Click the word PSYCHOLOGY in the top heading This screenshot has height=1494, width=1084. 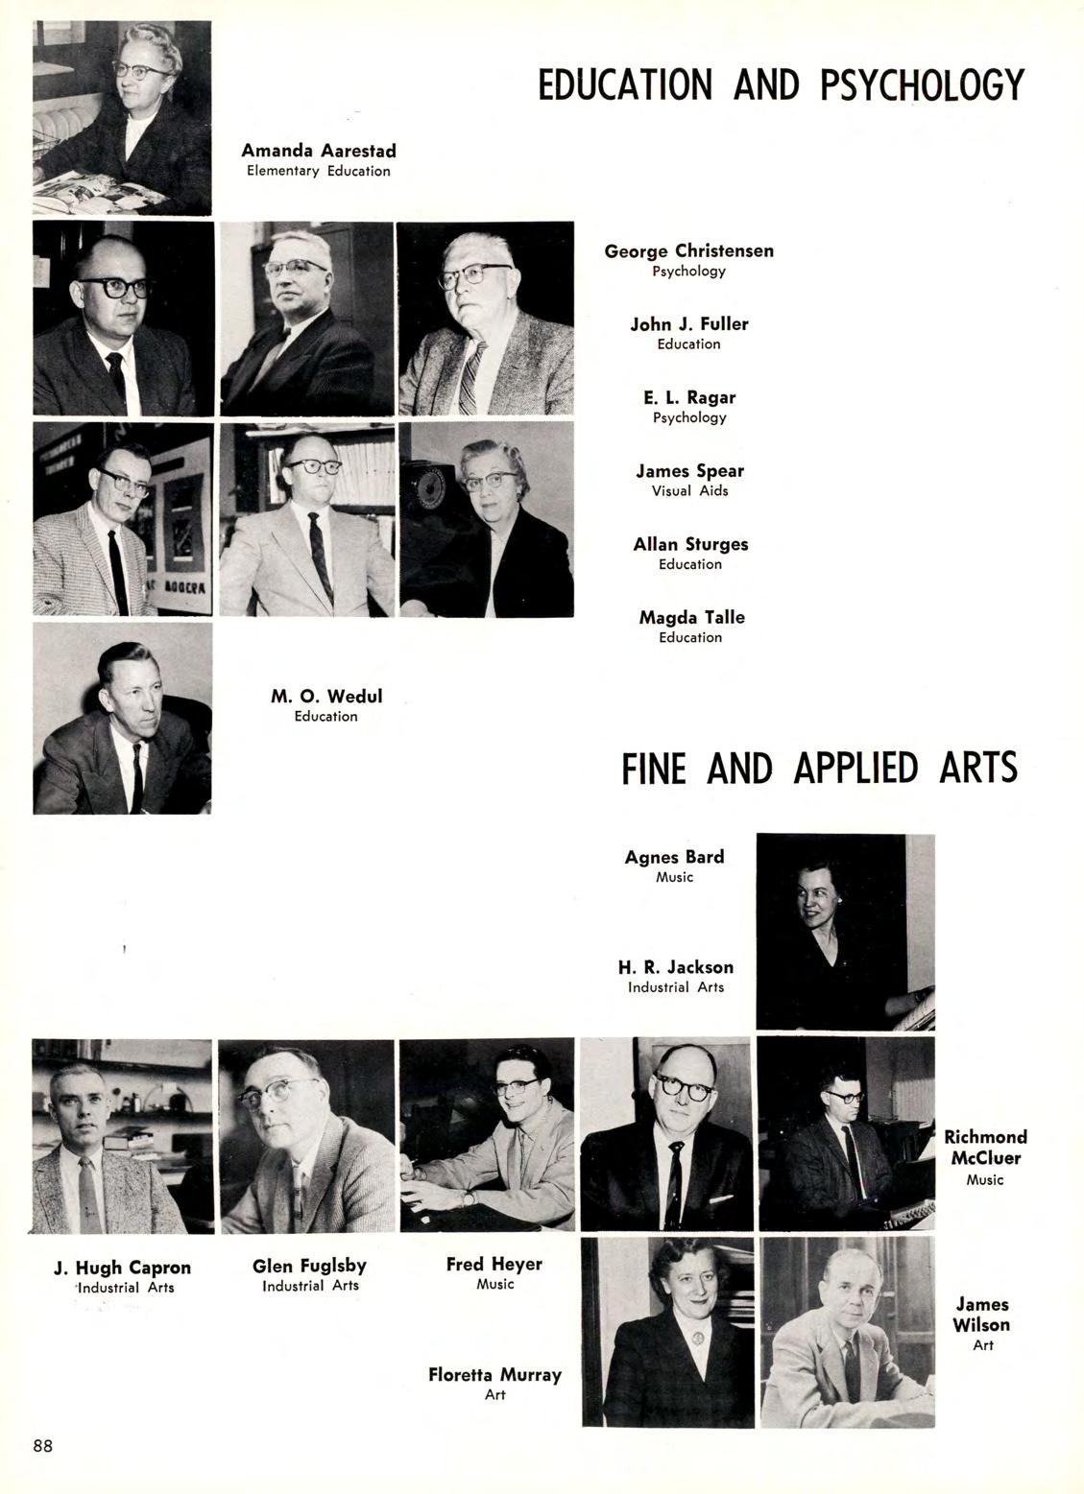coord(922,85)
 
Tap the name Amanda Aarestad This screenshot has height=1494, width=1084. coord(318,151)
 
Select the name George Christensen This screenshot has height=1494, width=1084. coord(688,250)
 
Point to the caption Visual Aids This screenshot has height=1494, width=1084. coord(688,490)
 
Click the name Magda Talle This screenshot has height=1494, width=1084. coord(691,617)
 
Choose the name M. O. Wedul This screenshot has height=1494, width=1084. coord(325,696)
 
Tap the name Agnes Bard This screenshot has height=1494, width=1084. coord(674,857)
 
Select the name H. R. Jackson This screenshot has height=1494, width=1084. coord(675,967)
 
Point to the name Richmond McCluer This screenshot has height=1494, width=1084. coord(985,1147)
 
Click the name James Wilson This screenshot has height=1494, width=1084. coord(982,1314)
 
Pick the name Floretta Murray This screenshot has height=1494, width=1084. coord(494,1374)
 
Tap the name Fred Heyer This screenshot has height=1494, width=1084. coord(494,1264)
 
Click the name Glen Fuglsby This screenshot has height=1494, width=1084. coord(309,1266)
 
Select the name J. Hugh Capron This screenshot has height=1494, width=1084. coord(122,1268)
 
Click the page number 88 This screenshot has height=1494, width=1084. coord(43,1445)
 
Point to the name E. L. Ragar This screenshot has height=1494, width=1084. coord(688,397)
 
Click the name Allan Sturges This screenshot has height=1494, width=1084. coord(690,544)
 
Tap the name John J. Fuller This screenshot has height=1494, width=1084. coord(688,323)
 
